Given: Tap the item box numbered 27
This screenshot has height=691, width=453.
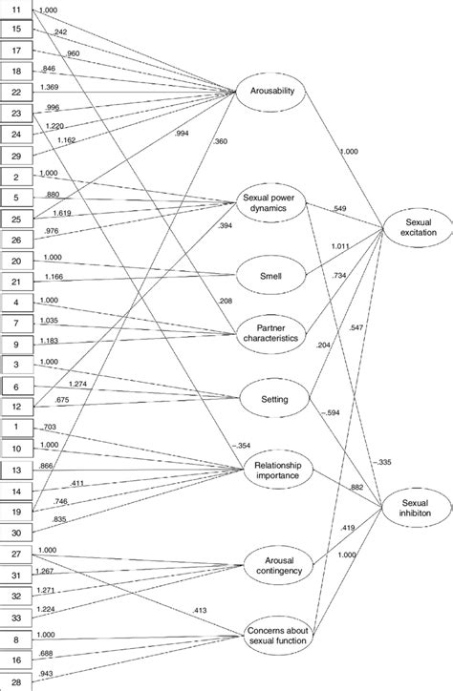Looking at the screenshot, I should pyautogui.click(x=18, y=555).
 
